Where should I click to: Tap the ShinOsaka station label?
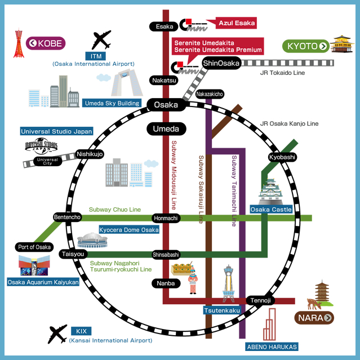click(222, 63)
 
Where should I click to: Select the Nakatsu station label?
click(165, 81)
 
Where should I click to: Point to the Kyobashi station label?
click(282, 157)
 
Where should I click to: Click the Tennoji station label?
click(261, 300)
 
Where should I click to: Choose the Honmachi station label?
click(166, 218)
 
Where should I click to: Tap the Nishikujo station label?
click(90, 154)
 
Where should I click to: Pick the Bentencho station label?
click(68, 217)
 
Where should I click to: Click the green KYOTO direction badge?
click(306, 46)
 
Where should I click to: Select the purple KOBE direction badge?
click(47, 43)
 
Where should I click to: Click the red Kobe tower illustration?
click(20, 44)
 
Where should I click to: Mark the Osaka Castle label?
click(271, 210)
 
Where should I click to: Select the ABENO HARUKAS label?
click(272, 346)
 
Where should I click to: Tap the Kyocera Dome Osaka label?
click(128, 230)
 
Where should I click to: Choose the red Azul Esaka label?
click(237, 24)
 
